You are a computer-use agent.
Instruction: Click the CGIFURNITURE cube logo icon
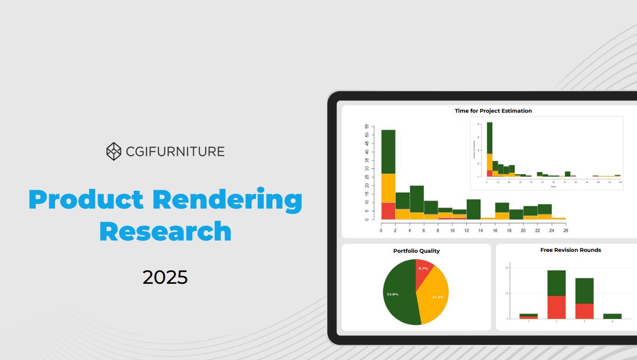pos(114,151)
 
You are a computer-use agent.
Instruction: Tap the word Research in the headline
pos(165,231)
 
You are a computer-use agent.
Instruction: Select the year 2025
pos(165,277)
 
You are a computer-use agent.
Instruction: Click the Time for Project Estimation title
pos(493,111)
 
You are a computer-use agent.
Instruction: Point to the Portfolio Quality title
pos(416,251)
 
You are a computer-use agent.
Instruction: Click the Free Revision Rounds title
pos(570,250)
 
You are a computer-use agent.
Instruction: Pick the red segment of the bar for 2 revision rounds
pos(556,307)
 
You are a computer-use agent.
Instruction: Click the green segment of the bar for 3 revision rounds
pos(584,291)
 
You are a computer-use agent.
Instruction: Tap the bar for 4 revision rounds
pos(612,316)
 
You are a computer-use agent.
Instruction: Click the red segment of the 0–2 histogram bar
pos(388,211)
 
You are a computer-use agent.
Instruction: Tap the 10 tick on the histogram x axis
pos(452,230)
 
